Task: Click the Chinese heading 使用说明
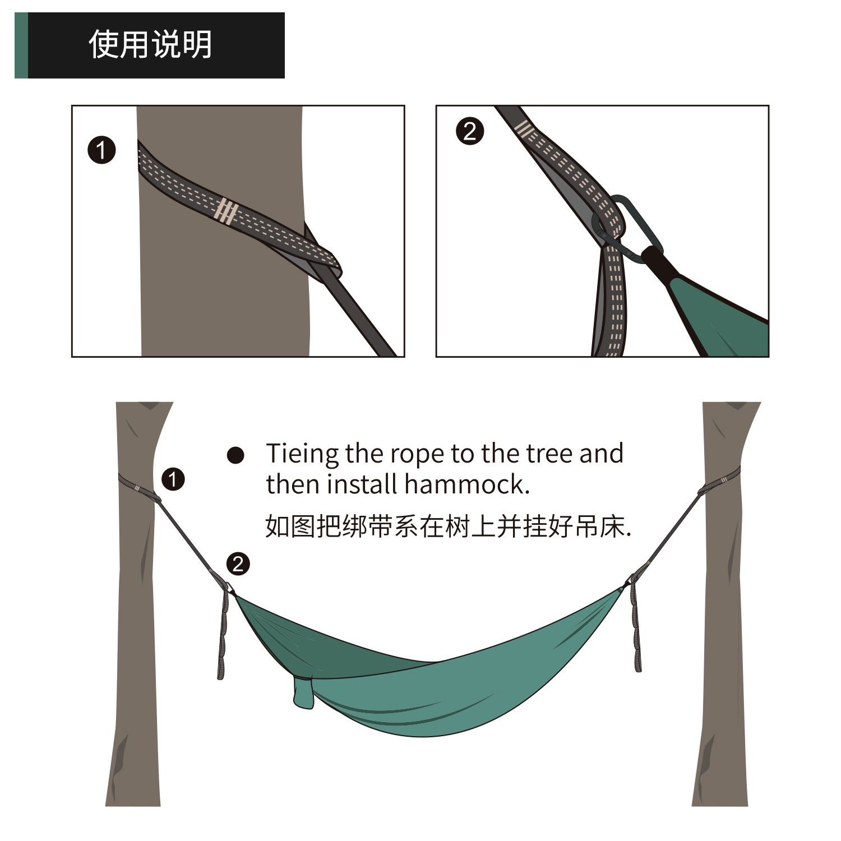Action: click(x=150, y=44)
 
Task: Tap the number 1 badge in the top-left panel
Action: click(x=101, y=150)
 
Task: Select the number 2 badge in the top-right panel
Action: click(x=470, y=132)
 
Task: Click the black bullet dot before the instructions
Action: click(x=235, y=455)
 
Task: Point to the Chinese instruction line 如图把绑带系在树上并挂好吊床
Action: click(x=447, y=526)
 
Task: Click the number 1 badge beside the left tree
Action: click(x=173, y=479)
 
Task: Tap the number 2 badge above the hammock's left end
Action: click(x=238, y=564)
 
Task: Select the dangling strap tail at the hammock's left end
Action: click(x=223, y=634)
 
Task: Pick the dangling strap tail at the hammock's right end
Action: click(x=636, y=628)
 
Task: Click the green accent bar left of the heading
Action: click(x=21, y=45)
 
